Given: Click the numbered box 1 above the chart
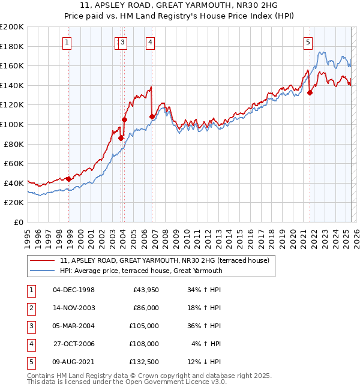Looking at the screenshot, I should tap(66, 42).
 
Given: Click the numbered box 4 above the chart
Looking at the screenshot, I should tap(149, 42).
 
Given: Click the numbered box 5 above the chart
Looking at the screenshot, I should tap(308, 42).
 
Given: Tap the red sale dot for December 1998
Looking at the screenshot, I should tap(69, 179).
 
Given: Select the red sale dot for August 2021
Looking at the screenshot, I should tap(310, 92).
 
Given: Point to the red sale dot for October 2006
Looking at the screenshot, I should tap(152, 116).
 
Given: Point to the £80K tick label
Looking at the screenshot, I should tap(14, 144).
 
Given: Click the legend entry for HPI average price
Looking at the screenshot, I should tap(141, 271).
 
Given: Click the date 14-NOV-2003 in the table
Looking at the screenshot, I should tap(74, 307).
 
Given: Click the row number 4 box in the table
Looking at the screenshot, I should tap(30, 343).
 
